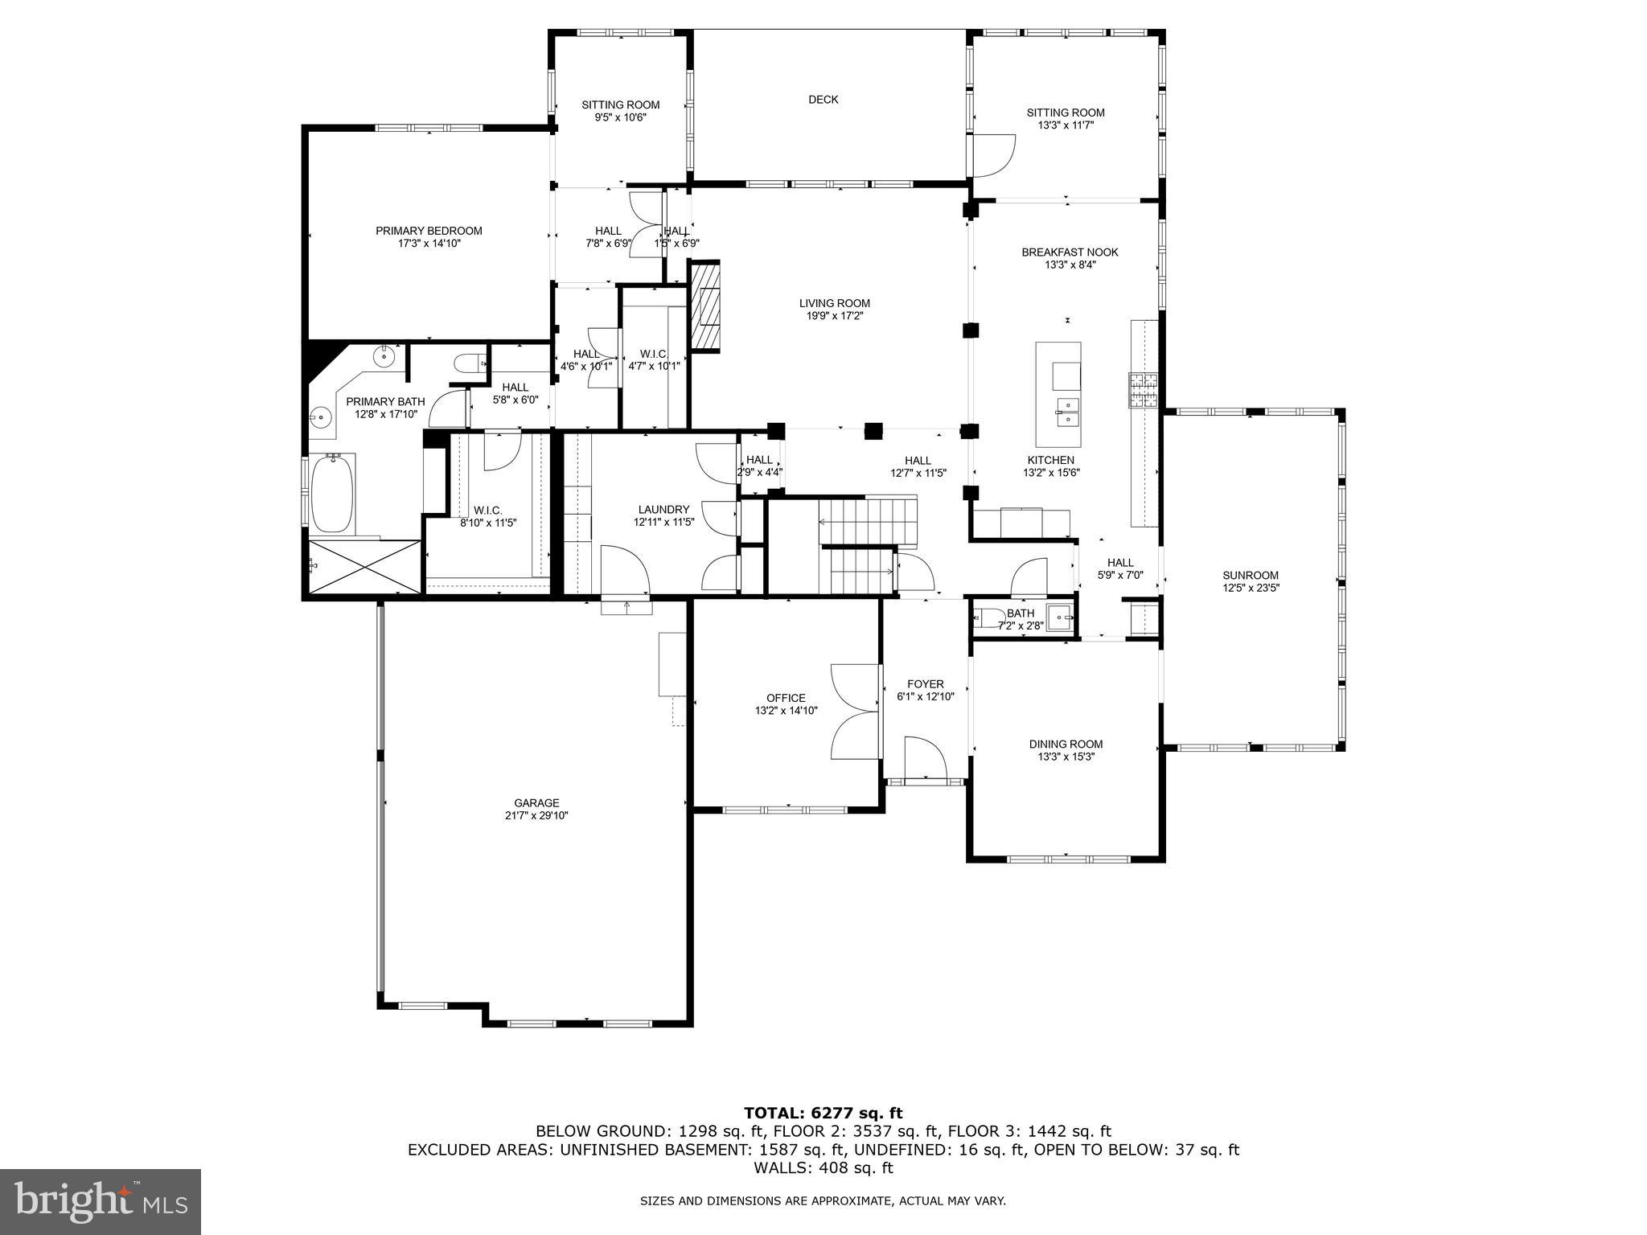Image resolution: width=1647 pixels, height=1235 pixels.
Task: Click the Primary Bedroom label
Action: tap(429, 231)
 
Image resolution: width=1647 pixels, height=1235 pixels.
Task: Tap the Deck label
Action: tap(823, 100)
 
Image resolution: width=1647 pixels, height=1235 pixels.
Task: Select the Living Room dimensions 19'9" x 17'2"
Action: tap(834, 316)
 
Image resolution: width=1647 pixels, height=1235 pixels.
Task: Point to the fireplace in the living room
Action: tap(705, 306)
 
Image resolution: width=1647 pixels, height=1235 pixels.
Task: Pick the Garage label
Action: tap(536, 802)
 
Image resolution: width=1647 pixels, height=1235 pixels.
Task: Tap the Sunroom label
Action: tap(1250, 575)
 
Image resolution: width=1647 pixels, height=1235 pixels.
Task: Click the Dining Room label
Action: tap(1066, 744)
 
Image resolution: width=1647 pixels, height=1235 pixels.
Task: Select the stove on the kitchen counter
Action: tap(1143, 392)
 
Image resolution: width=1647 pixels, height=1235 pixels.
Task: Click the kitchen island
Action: tap(1058, 394)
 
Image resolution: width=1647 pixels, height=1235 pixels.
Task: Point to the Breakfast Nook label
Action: tap(1070, 252)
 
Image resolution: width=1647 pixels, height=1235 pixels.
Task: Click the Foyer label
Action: tap(925, 684)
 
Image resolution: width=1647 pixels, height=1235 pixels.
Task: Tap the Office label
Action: tap(786, 698)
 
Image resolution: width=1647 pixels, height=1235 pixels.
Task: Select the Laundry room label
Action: tap(663, 509)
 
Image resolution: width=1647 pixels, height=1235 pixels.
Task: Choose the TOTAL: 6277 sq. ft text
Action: tap(823, 1113)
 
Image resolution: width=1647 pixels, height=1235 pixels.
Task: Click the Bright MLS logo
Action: tap(101, 1201)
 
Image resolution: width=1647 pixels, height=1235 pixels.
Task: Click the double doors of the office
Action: tap(855, 712)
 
